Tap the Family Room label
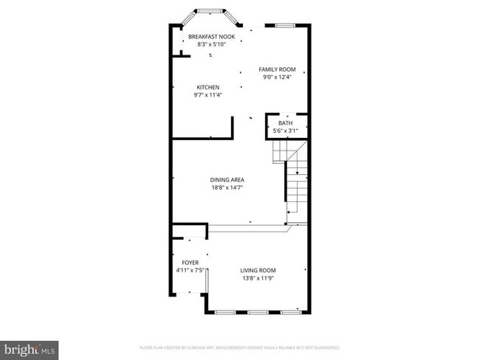[277, 69]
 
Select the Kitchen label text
[208, 87]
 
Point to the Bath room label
[285, 123]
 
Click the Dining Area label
[227, 179]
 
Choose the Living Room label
[258, 270]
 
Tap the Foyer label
[191, 262]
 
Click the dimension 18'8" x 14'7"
[227, 187]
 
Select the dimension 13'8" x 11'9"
[258, 278]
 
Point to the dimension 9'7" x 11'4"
[208, 94]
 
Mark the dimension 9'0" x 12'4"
[277, 77]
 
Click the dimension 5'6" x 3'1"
[285, 131]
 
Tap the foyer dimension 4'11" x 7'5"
[191, 270]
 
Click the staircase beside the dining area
[295, 181]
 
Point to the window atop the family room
[286, 27]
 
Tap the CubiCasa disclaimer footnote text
[239, 347]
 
